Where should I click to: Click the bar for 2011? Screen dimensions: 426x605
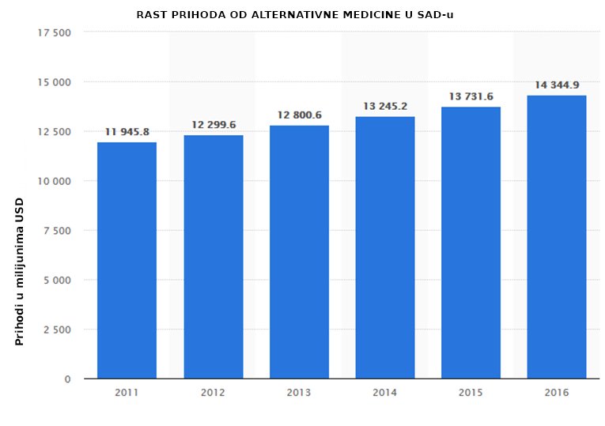click(127, 260)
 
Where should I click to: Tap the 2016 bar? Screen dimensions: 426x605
click(557, 236)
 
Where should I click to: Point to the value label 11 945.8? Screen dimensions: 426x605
click(127, 132)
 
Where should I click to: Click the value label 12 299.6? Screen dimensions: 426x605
click(214, 125)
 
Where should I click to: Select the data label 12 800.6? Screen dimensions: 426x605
click(299, 115)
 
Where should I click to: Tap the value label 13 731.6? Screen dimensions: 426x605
click(471, 96)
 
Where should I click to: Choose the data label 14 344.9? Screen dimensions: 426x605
click(557, 85)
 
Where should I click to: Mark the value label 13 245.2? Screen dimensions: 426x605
click(385, 106)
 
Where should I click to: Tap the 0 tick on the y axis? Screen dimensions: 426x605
click(68, 379)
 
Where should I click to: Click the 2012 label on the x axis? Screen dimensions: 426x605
click(214, 393)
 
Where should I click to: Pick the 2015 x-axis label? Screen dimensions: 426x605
click(471, 393)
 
